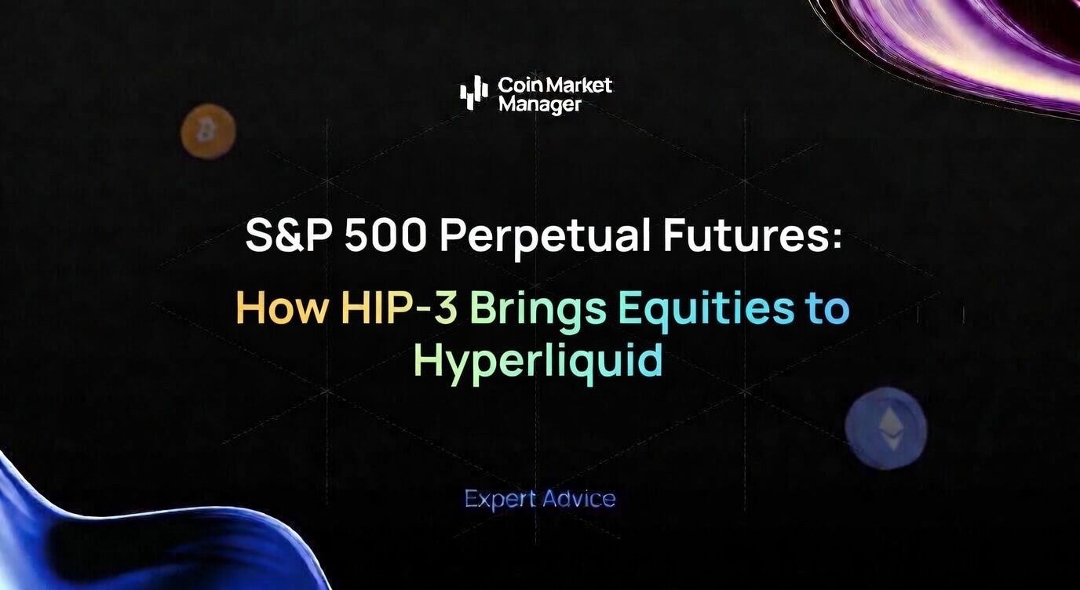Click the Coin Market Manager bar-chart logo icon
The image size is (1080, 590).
pos(473,93)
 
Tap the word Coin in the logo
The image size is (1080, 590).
pos(516,84)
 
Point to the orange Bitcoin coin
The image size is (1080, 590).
pos(208,132)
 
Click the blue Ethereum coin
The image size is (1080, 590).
pos(886,428)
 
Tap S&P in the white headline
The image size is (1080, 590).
pos(289,235)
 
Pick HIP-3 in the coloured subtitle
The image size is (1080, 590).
pos(400,308)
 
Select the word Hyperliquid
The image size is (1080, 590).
pos(538,362)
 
